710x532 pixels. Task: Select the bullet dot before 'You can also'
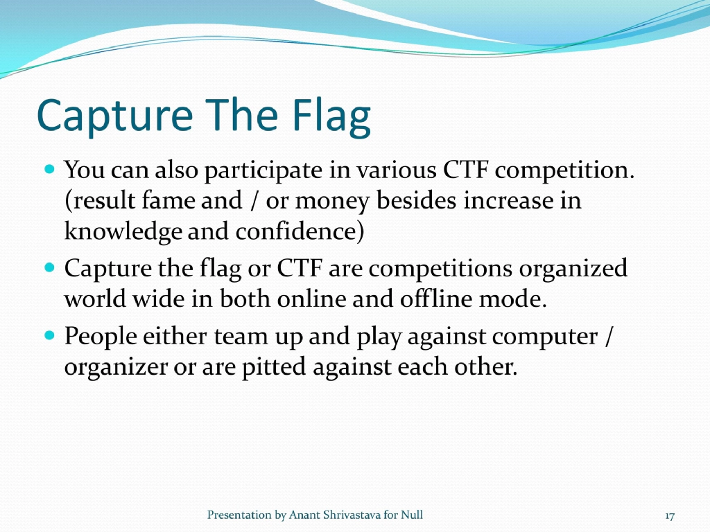tap(49, 168)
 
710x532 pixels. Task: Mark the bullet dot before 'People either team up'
tap(49, 335)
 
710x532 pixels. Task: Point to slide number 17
tap(669, 516)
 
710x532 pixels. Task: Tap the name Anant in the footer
tap(306, 515)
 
